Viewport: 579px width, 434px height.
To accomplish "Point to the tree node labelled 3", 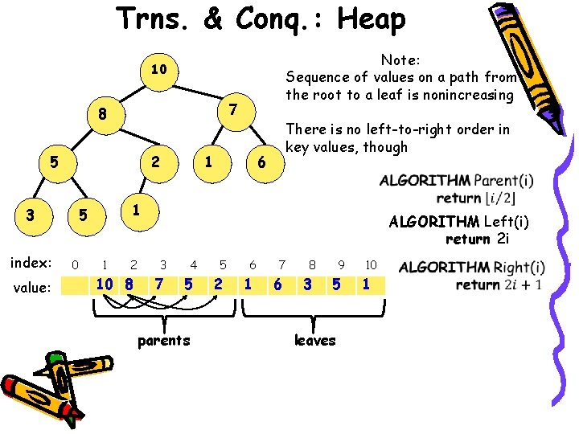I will (30, 215).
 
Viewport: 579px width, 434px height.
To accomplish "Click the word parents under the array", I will (164, 340).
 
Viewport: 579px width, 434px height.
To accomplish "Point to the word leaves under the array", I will (314, 340).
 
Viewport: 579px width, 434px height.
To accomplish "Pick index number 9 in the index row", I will (341, 264).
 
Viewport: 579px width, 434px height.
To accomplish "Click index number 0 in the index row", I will (75, 264).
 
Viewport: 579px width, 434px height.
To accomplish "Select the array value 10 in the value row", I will (104, 284).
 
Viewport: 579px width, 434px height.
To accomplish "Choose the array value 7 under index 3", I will (160, 284).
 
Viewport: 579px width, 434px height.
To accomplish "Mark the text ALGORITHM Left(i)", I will (458, 222).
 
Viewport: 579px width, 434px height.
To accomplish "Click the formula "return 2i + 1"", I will (499, 285).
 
